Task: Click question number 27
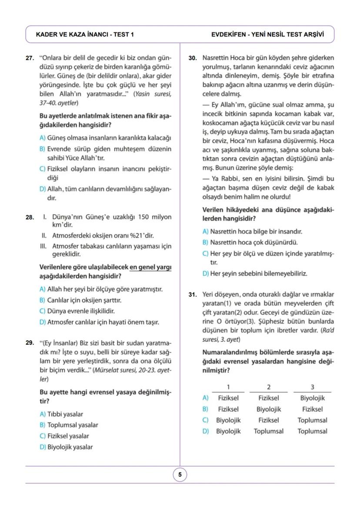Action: point(30,58)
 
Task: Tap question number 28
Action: point(30,217)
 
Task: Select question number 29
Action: point(30,343)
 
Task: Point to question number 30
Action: point(193,58)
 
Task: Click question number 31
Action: point(193,294)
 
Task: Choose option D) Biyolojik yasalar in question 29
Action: point(66,447)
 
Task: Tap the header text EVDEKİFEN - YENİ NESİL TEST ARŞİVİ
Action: point(267,34)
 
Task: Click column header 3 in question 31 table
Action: point(312,387)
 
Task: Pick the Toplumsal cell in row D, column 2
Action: point(269,431)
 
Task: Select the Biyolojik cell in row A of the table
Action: point(312,398)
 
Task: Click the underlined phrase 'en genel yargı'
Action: point(150,267)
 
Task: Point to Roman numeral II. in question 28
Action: point(44,236)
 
